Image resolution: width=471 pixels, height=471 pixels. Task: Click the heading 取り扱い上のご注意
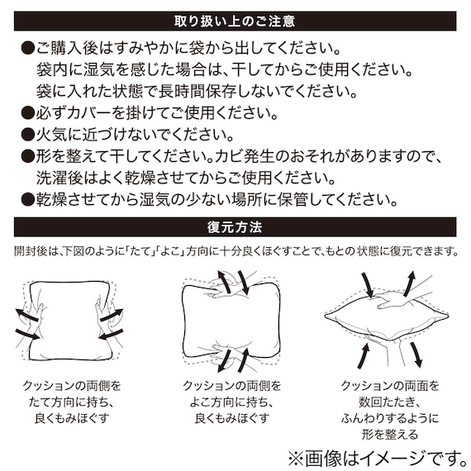(x=235, y=20)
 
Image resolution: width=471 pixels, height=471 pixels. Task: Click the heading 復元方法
(x=235, y=226)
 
